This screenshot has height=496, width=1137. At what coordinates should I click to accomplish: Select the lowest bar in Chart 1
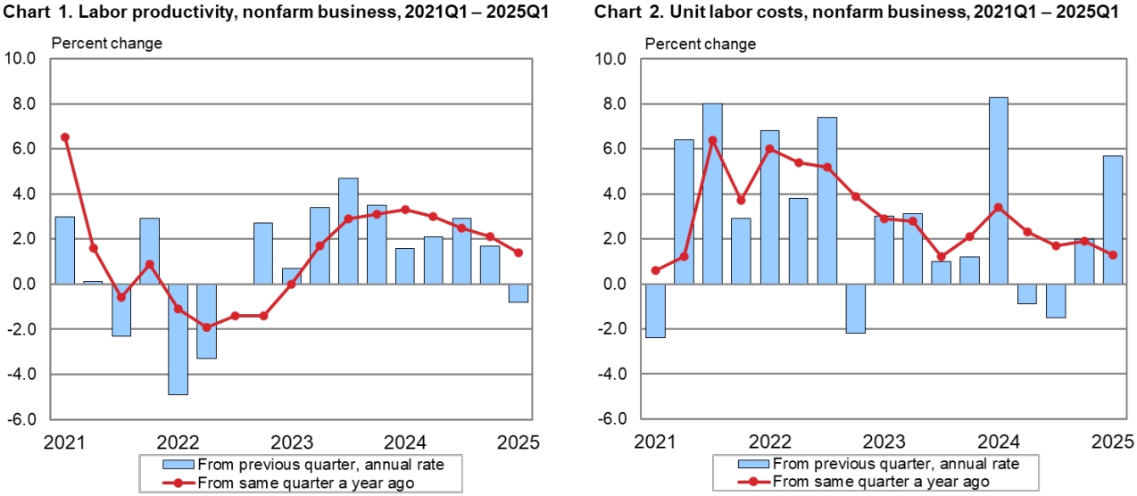178,339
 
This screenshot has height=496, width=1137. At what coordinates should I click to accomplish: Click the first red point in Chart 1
64,137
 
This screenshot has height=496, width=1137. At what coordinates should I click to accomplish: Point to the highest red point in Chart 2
712,140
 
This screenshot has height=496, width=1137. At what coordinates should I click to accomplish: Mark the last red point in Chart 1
519,252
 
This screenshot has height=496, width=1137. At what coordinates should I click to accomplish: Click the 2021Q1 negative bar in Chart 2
656,310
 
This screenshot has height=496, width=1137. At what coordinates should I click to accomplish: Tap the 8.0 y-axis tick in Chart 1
21,104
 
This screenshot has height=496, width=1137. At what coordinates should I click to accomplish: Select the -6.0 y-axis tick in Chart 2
612,419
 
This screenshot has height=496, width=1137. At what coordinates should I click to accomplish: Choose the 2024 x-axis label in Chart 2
998,442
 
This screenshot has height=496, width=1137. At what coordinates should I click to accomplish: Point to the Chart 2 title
857,12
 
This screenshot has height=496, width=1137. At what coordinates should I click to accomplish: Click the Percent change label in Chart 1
107,44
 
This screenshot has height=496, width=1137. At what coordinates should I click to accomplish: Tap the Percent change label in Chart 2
700,44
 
